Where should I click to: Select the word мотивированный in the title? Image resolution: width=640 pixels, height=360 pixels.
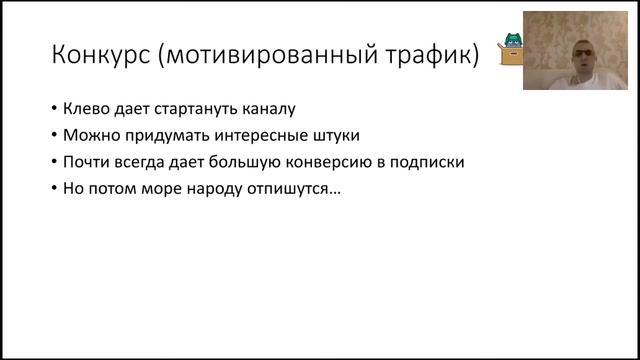[267, 54]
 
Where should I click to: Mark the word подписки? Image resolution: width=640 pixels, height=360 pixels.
[432, 161]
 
